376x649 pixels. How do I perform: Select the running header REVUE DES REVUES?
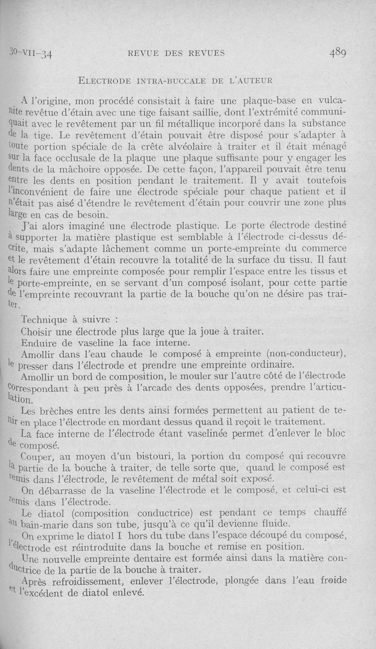(176, 53)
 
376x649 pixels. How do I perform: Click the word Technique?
(46, 320)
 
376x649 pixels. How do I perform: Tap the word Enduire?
(40, 343)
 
